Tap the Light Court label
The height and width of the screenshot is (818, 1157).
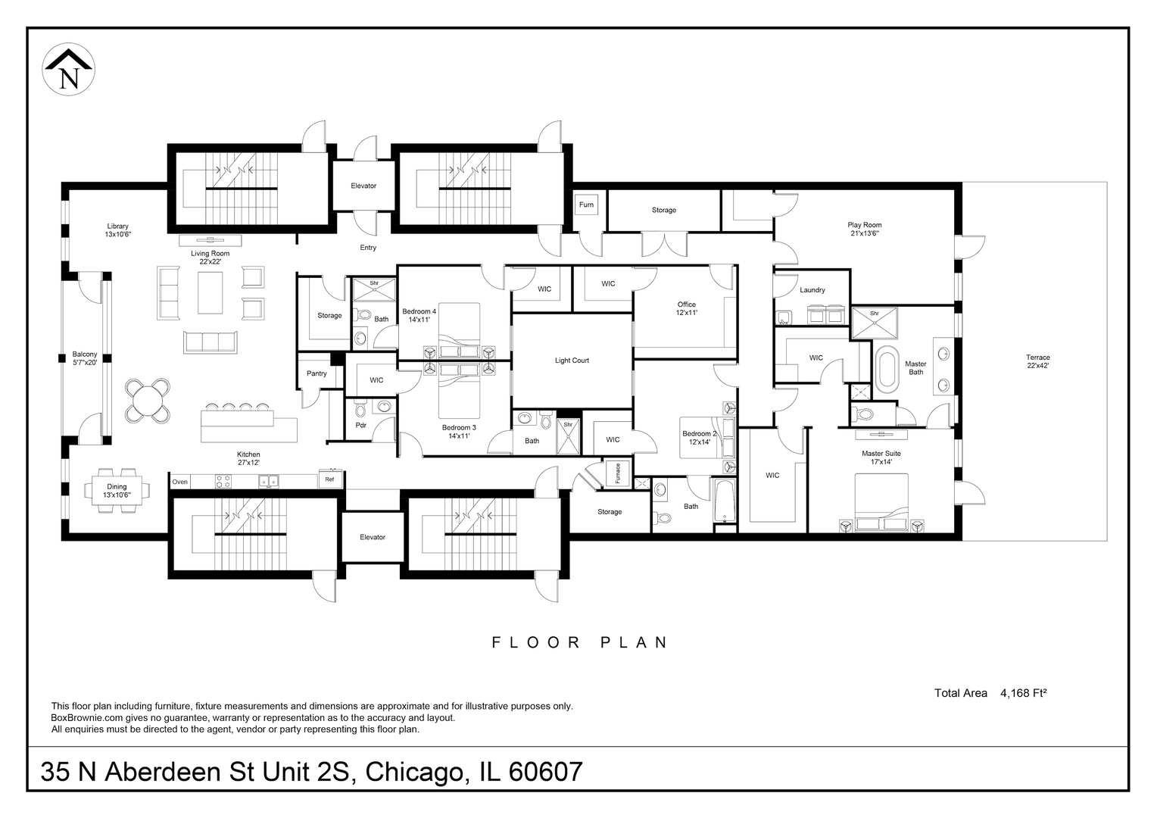click(572, 361)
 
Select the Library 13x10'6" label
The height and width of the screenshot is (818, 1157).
click(117, 230)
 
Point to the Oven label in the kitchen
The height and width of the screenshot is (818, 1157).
click(179, 482)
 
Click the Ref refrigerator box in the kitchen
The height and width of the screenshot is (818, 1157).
click(330, 480)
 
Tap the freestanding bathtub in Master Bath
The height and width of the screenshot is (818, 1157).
click(887, 370)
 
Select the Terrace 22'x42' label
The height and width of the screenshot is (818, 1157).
click(1037, 361)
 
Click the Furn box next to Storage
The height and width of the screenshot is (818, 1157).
click(586, 205)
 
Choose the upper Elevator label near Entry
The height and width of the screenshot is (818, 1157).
click(363, 186)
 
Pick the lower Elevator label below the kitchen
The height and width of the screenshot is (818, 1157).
click(373, 537)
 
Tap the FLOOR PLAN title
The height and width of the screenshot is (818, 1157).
click(580, 643)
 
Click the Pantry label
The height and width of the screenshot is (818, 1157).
click(317, 373)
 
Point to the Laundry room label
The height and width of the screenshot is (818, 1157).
click(812, 290)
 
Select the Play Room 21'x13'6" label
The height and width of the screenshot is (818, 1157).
click(864, 229)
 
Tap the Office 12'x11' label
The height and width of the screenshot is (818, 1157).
click(686, 308)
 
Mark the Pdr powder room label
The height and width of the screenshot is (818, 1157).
click(361, 425)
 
